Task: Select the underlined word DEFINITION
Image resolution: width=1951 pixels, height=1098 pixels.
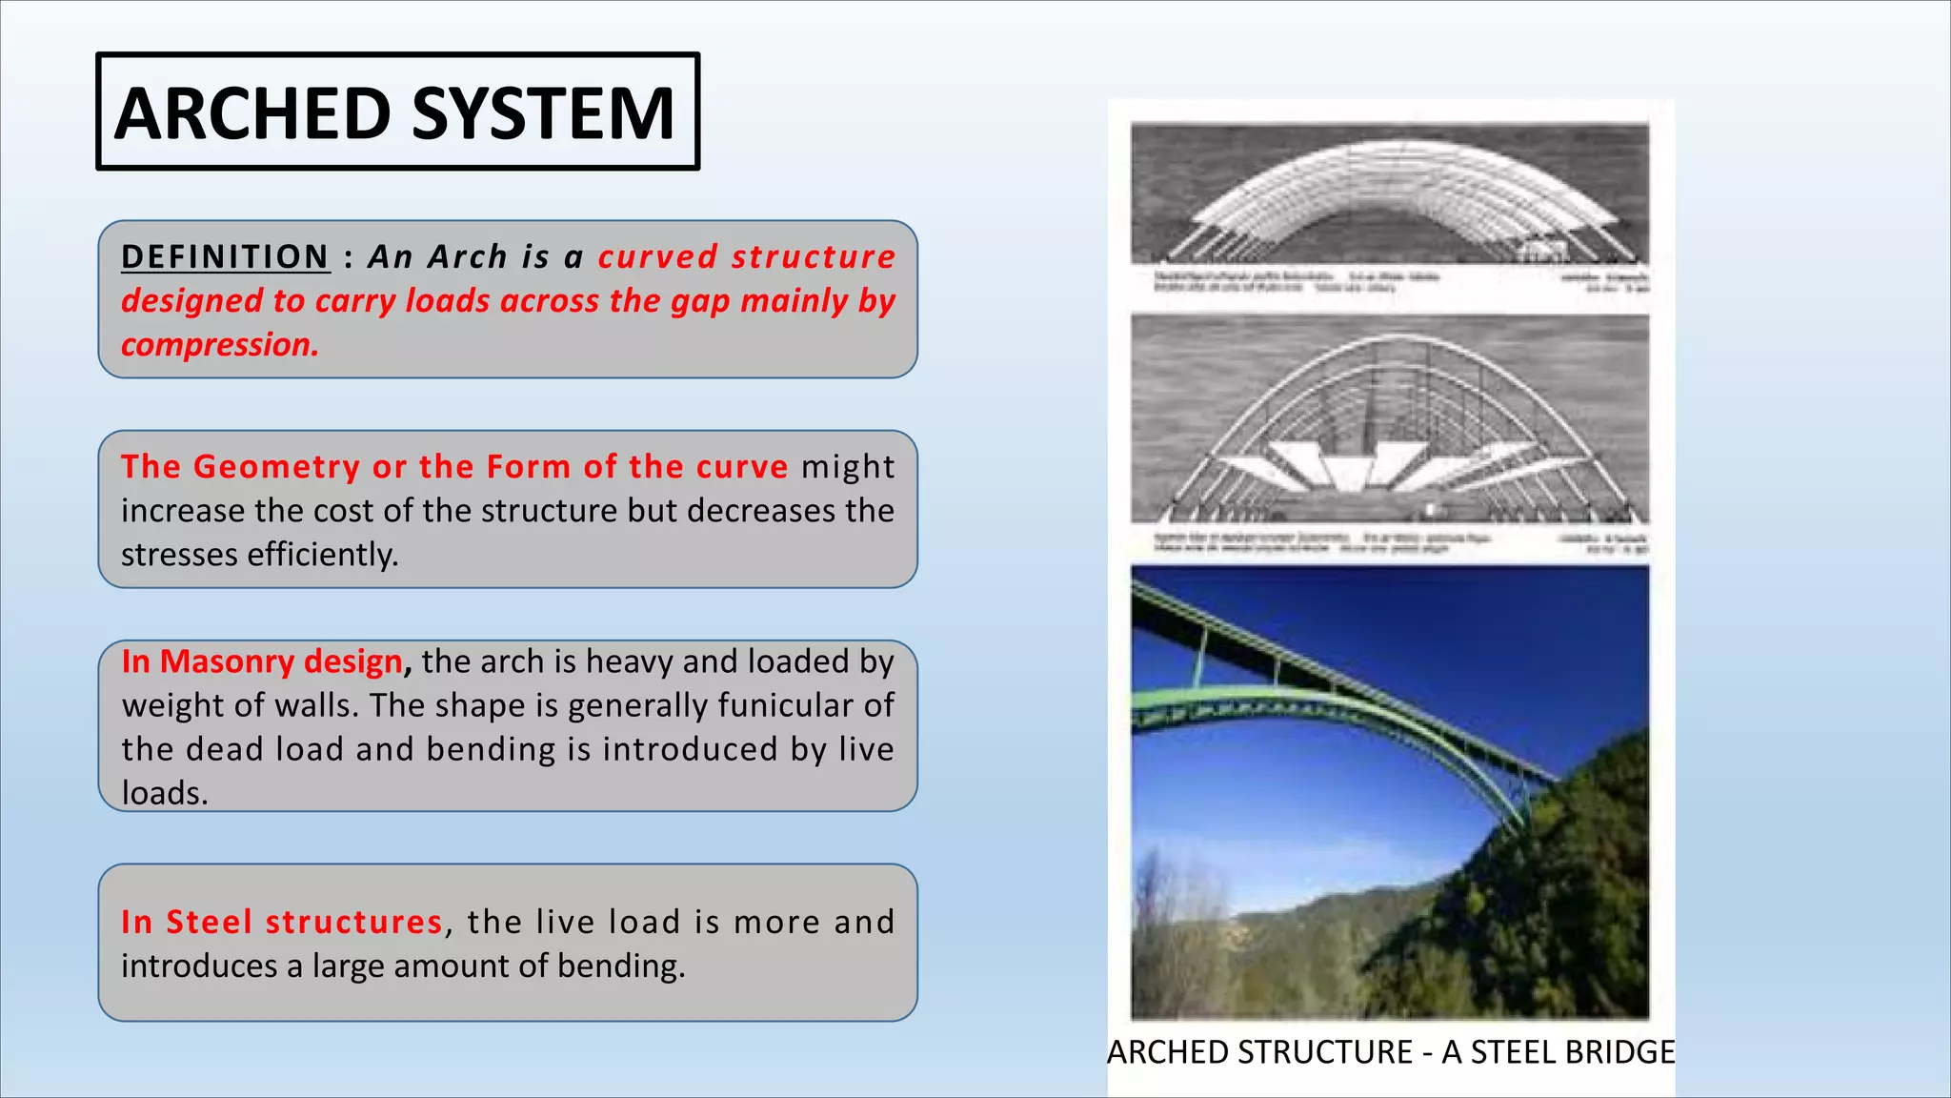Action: tap(225, 257)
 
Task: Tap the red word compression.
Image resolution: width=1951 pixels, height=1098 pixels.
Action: tap(219, 345)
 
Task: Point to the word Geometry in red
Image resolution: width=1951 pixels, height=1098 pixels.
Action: tap(276, 467)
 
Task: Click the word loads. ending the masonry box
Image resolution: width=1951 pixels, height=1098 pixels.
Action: tap(164, 793)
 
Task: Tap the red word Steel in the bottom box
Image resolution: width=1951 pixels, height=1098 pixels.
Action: tap(209, 923)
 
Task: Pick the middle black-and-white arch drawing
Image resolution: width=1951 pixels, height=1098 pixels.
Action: tap(1389, 419)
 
